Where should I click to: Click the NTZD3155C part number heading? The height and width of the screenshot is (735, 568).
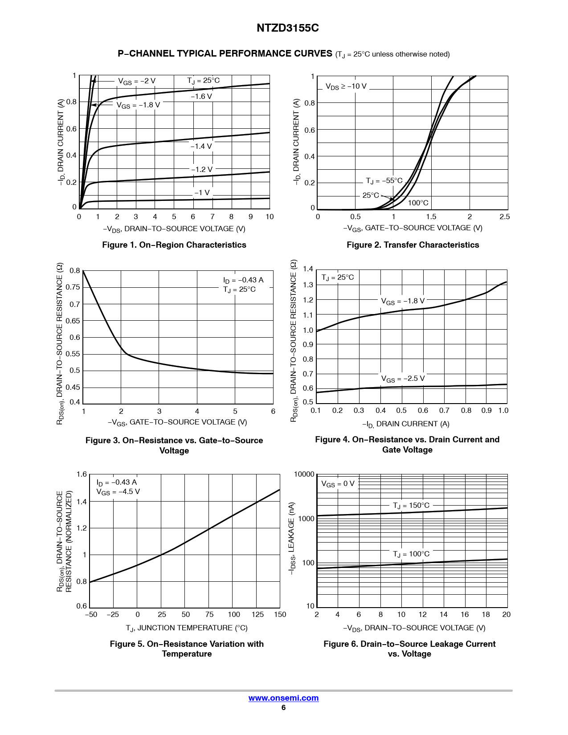pyautogui.click(x=287, y=28)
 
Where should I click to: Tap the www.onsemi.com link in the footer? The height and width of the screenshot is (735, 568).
pyautogui.click(x=283, y=698)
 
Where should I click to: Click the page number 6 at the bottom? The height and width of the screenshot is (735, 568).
pyautogui.click(x=283, y=708)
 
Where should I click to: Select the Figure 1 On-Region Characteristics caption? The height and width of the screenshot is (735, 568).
pyautogui.click(x=174, y=245)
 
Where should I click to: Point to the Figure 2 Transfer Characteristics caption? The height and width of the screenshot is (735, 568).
pyautogui.click(x=413, y=245)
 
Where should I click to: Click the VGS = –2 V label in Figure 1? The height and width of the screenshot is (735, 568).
pyautogui.click(x=136, y=81)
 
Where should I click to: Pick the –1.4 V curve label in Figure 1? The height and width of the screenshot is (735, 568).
pyautogui.click(x=201, y=146)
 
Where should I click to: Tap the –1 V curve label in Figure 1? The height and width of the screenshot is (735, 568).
pyautogui.click(x=202, y=192)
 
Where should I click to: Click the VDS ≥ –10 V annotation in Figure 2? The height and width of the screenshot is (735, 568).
pyautogui.click(x=346, y=86)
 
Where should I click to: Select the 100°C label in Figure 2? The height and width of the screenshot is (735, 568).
pyautogui.click(x=418, y=203)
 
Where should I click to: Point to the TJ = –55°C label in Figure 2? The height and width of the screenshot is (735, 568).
pyautogui.click(x=384, y=181)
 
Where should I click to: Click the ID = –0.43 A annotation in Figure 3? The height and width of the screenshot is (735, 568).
pyautogui.click(x=243, y=280)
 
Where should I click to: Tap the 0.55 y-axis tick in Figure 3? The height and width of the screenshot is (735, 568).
pyautogui.click(x=73, y=354)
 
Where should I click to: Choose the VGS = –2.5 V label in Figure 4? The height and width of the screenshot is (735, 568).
pyautogui.click(x=403, y=379)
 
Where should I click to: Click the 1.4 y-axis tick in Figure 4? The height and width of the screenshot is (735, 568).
pyautogui.click(x=308, y=269)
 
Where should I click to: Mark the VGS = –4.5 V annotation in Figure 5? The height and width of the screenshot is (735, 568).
pyautogui.click(x=118, y=492)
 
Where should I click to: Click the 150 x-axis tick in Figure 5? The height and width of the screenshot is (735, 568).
pyautogui.click(x=280, y=615)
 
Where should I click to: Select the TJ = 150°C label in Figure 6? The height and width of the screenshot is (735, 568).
pyautogui.click(x=411, y=506)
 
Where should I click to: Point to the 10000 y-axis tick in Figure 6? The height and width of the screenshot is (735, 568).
pyautogui.click(x=304, y=474)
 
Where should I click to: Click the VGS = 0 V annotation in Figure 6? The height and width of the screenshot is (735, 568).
pyautogui.click(x=338, y=484)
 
